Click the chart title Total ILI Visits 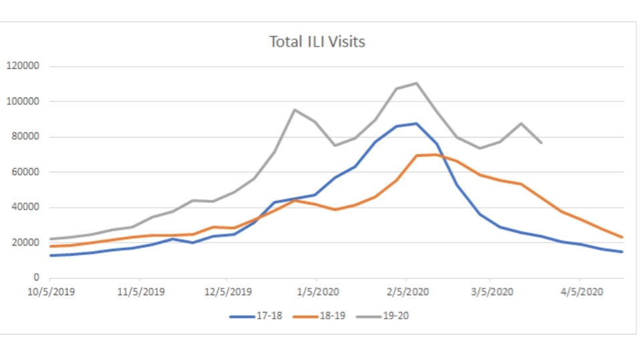pos(317,41)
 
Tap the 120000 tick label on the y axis pos(23,66)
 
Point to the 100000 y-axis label pos(23,102)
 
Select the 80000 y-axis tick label pos(26,137)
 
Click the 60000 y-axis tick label pos(26,172)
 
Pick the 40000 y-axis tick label pos(26,207)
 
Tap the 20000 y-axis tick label pos(26,242)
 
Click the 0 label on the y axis pos(37,278)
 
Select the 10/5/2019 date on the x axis pos(50,292)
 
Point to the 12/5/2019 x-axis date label pos(227,292)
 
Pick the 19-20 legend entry pos(394,316)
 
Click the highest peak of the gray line pos(416,83)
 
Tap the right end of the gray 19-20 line pos(541,143)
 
